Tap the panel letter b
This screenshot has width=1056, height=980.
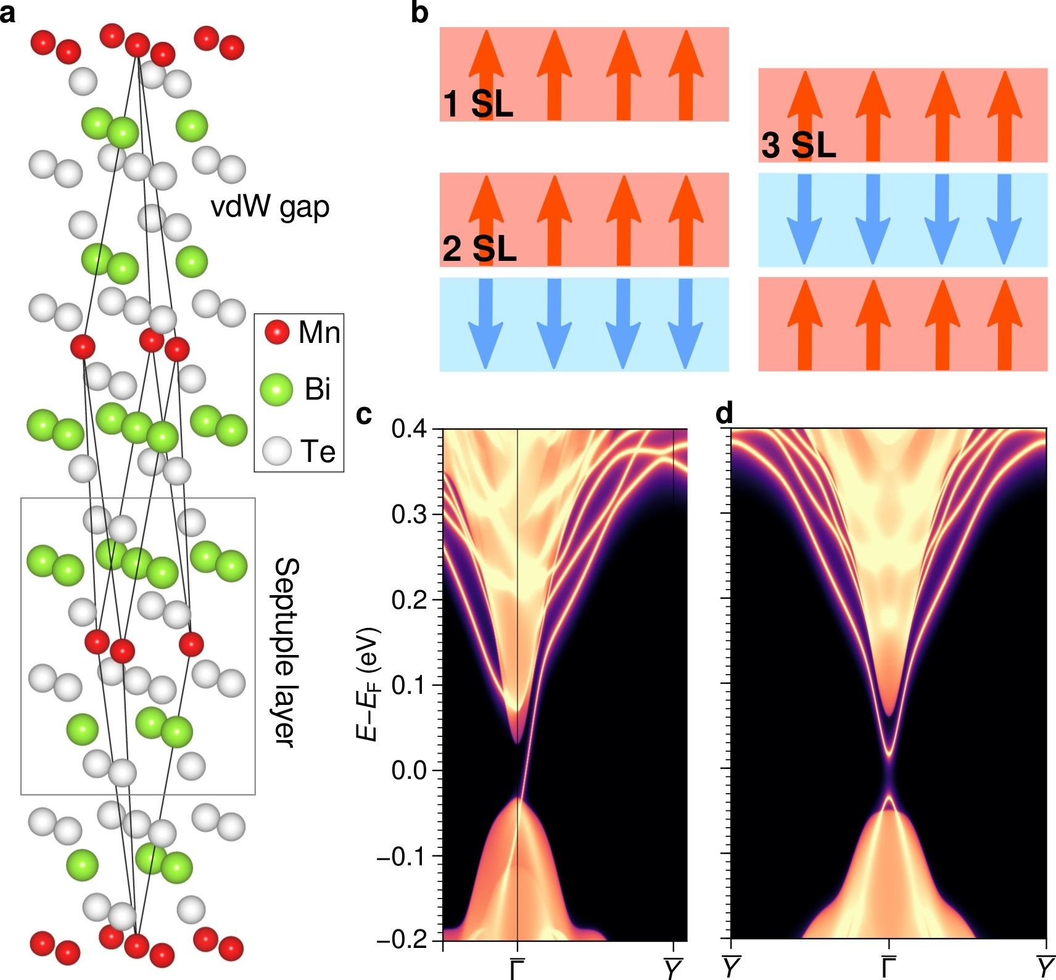click(419, 13)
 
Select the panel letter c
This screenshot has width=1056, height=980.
click(365, 414)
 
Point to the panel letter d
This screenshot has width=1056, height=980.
click(725, 414)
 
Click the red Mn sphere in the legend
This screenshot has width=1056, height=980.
click(277, 332)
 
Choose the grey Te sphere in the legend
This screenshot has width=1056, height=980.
click(276, 451)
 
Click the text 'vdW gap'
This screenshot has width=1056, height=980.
click(270, 207)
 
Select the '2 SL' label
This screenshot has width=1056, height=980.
click(479, 249)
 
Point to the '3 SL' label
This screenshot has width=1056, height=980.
click(798, 146)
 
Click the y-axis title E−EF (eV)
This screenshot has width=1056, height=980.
click(368, 685)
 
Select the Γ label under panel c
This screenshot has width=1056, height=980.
click(517, 967)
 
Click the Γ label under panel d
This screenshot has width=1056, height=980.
click(889, 967)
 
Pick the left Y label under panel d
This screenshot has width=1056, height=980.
click(732, 967)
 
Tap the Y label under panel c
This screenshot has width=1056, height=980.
click(673, 967)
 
